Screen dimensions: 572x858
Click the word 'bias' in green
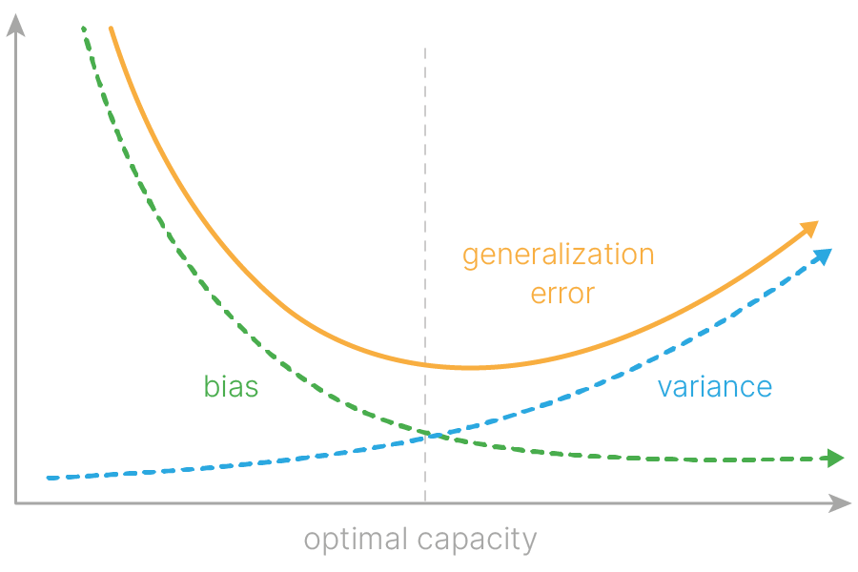231,387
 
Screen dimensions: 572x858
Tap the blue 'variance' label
714,387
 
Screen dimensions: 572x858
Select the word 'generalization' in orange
558,255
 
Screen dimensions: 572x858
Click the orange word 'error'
562,293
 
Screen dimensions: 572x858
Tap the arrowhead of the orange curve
810,228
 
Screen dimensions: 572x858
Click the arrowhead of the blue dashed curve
824,255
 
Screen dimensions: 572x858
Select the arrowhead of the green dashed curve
836,459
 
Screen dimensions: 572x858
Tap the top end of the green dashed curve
84,29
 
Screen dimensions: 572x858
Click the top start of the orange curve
111,29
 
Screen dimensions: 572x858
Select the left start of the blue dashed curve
46,478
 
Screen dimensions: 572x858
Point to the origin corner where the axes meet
15,502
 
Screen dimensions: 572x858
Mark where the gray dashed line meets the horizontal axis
425,502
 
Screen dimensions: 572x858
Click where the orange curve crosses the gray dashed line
425,364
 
